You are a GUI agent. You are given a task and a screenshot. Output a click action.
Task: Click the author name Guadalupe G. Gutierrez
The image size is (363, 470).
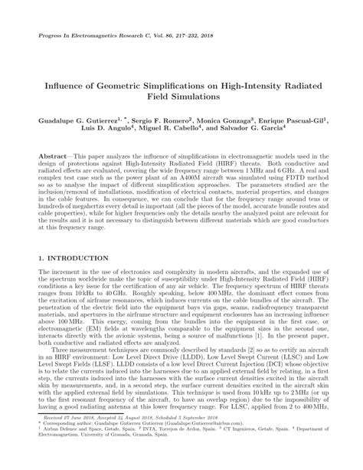(81, 121)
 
